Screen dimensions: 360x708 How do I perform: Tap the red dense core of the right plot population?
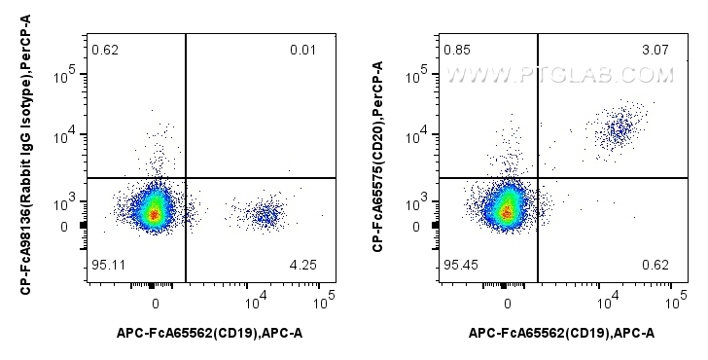[x=506, y=211]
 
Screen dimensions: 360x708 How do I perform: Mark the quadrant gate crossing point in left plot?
[x=185, y=178]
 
